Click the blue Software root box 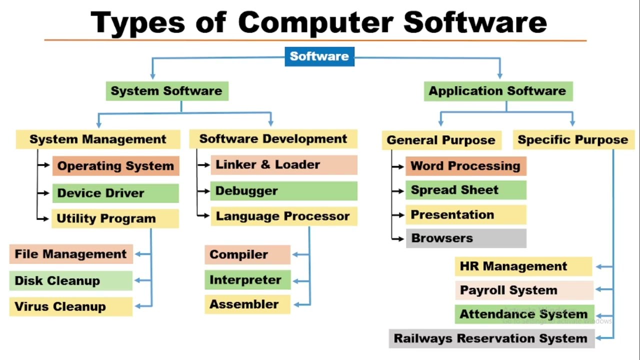[x=319, y=56]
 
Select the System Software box [x=167, y=91]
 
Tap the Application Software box [x=498, y=91]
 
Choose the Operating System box [x=115, y=166]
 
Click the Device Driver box [x=115, y=193]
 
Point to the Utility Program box [x=115, y=218]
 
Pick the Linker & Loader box [x=283, y=164]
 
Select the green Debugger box [x=283, y=191]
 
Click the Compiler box [x=247, y=254]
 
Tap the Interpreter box [x=247, y=280]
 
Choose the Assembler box [x=247, y=304]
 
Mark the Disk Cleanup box [x=70, y=281]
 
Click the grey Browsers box [x=466, y=238]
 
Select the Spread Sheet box [x=466, y=190]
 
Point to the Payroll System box [x=523, y=290]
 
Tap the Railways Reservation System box [x=491, y=338]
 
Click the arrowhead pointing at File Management [x=137, y=254]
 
